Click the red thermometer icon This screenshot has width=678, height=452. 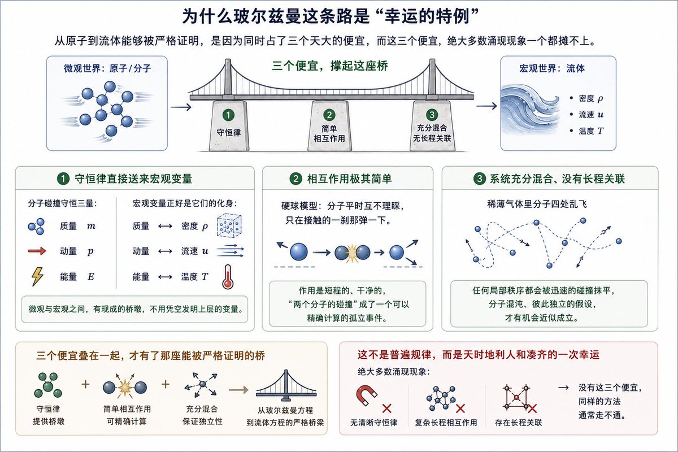click(228, 277)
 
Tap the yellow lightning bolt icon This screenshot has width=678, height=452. click(37, 277)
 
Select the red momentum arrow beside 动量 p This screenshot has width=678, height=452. click(37, 251)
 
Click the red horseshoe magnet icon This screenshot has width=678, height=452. click(366, 395)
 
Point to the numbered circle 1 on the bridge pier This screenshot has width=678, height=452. click(228, 115)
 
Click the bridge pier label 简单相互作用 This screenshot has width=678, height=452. click(329, 133)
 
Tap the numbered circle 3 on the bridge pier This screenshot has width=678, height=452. click(432, 115)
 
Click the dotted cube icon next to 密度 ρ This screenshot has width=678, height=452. click(229, 225)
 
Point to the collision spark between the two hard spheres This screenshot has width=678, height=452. click(352, 252)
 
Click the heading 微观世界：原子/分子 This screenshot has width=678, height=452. click(107, 68)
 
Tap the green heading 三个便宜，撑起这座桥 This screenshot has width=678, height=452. click(330, 66)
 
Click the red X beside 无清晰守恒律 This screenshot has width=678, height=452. click(386, 408)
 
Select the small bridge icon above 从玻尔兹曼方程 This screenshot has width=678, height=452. click(286, 385)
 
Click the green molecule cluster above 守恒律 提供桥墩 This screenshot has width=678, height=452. click(48, 385)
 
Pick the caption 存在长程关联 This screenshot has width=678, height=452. click(518, 423)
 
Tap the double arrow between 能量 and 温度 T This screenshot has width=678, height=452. click(165, 277)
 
